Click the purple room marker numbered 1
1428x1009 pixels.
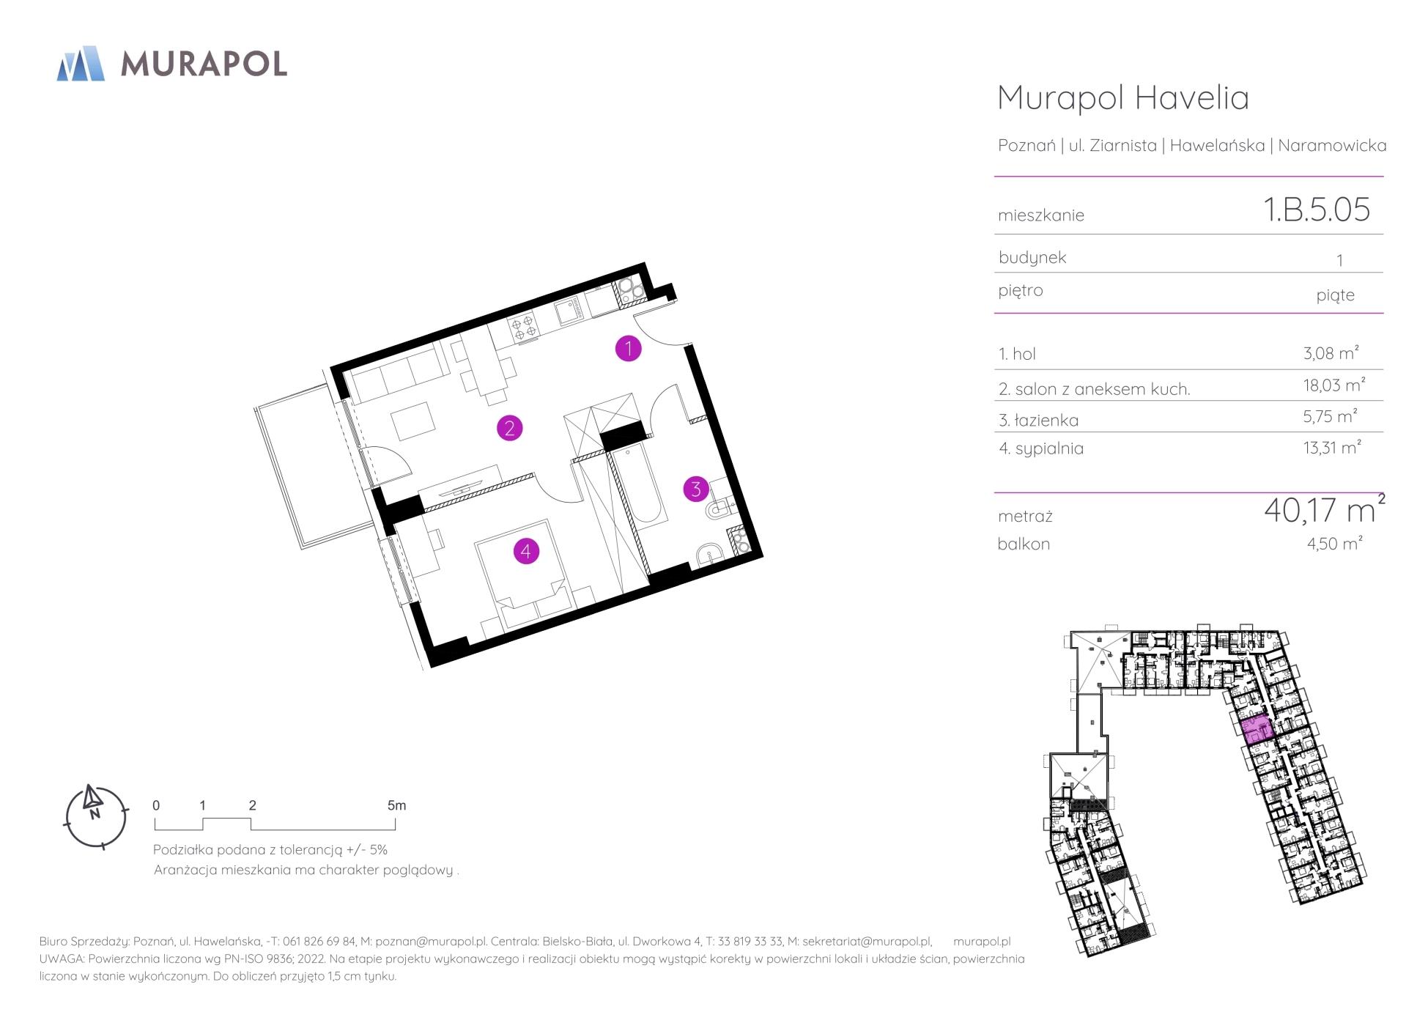coord(628,349)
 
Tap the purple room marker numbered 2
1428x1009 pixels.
coord(509,428)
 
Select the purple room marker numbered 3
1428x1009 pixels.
coord(696,489)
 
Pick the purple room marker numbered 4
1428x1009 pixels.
coord(526,551)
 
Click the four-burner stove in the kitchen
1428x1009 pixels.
coord(523,328)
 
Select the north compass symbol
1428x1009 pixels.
coord(95,816)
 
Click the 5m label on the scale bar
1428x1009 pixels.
coord(396,805)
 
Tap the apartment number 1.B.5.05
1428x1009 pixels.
coord(1317,210)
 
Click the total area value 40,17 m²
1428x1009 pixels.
coord(1324,510)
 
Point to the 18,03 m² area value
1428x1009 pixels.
coord(1333,385)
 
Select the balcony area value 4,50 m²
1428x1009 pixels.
coord(1334,543)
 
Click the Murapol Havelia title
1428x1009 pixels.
coord(1123,97)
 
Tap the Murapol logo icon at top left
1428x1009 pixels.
coord(81,63)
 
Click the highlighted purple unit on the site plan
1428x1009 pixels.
coord(1257,730)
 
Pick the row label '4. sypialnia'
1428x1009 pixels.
coord(1041,448)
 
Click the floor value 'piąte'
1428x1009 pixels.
coord(1335,295)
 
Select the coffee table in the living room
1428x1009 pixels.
coord(413,421)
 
